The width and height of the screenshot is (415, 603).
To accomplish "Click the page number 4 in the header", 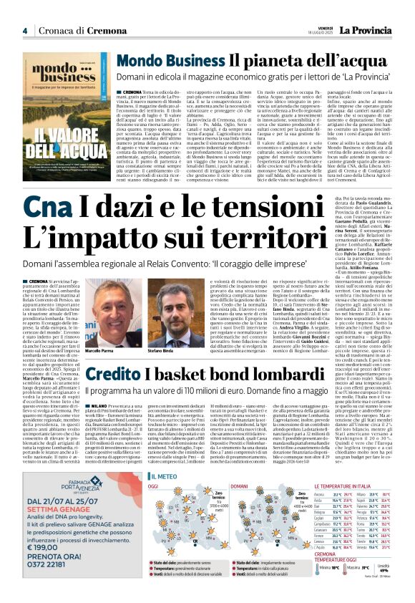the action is tap(24, 30).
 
